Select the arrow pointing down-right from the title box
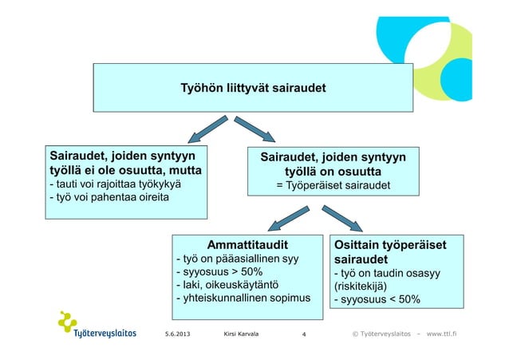pos(256,129)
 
